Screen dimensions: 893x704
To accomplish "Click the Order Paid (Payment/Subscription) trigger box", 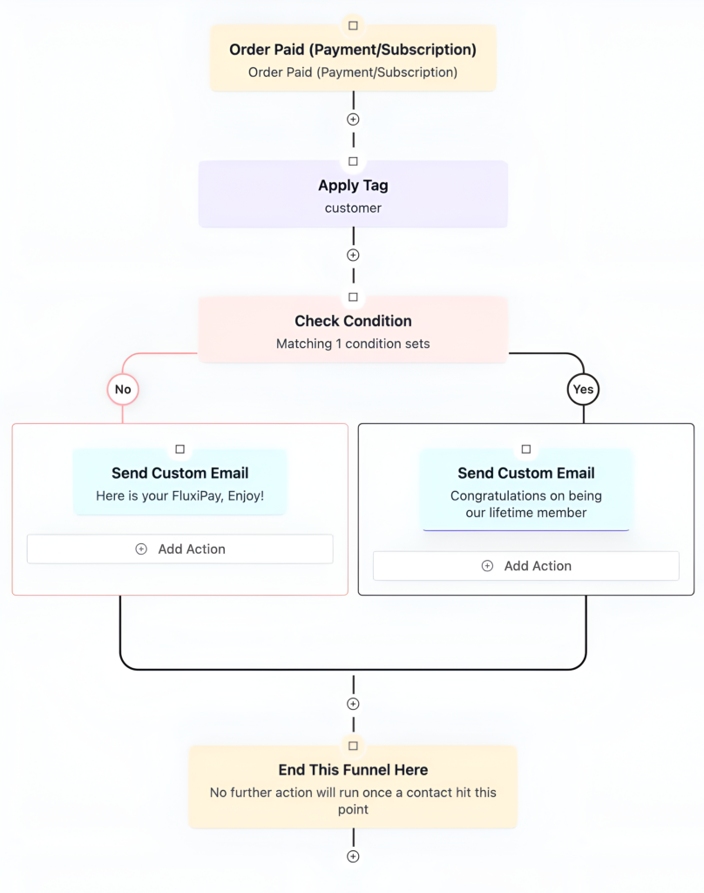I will pos(353,60).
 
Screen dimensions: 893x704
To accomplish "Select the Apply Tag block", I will pos(353,195).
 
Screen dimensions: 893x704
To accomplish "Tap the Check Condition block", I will pos(353,331).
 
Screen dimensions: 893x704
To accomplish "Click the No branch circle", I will pos(123,389).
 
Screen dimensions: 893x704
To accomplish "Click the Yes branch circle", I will pos(583,389).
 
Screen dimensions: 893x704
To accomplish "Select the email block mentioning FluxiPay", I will pos(179,484).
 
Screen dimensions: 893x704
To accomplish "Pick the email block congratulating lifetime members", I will pos(525,492).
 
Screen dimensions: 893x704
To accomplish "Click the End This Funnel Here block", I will pos(353,788).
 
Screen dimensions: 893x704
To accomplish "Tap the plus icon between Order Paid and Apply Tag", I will pos(353,119).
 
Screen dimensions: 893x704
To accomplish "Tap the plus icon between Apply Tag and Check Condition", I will pos(353,256).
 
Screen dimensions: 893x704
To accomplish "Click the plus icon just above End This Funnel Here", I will pos(353,704).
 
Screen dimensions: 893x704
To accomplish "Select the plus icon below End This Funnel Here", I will pos(353,856).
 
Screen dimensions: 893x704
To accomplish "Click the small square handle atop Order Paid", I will pos(353,26).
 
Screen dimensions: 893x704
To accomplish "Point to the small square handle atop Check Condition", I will pos(353,297).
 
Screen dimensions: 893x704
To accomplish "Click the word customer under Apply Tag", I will pos(353,208).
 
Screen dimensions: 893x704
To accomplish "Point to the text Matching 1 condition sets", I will pos(353,344).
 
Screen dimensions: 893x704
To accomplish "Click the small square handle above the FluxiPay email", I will pos(179,449).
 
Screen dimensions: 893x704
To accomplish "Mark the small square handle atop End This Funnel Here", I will pos(353,746).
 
